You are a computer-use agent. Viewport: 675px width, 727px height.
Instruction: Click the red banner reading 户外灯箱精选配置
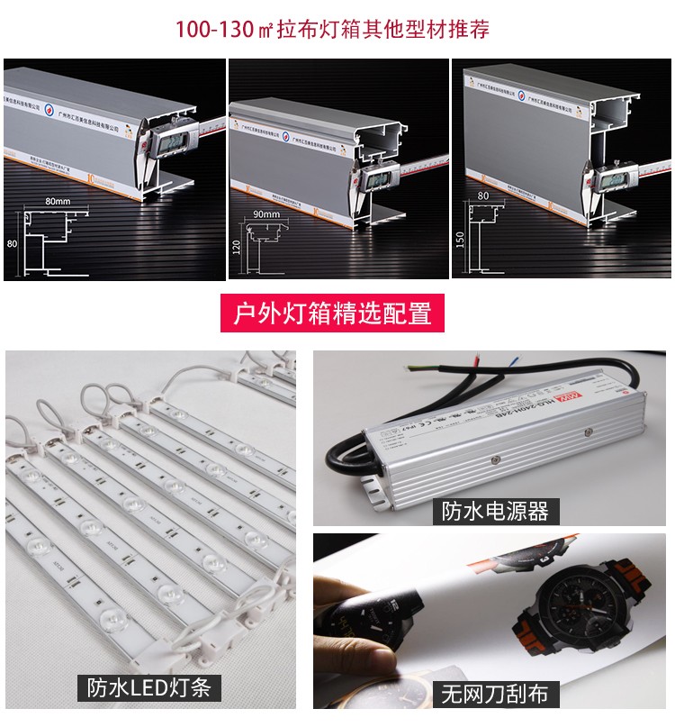[333, 314]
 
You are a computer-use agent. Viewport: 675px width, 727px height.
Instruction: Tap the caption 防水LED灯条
[148, 687]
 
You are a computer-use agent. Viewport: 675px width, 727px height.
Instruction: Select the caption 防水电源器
[494, 511]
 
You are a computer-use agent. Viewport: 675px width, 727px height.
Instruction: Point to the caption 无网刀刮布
[494, 694]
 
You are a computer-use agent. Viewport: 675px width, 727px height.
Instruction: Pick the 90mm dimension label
[267, 214]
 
